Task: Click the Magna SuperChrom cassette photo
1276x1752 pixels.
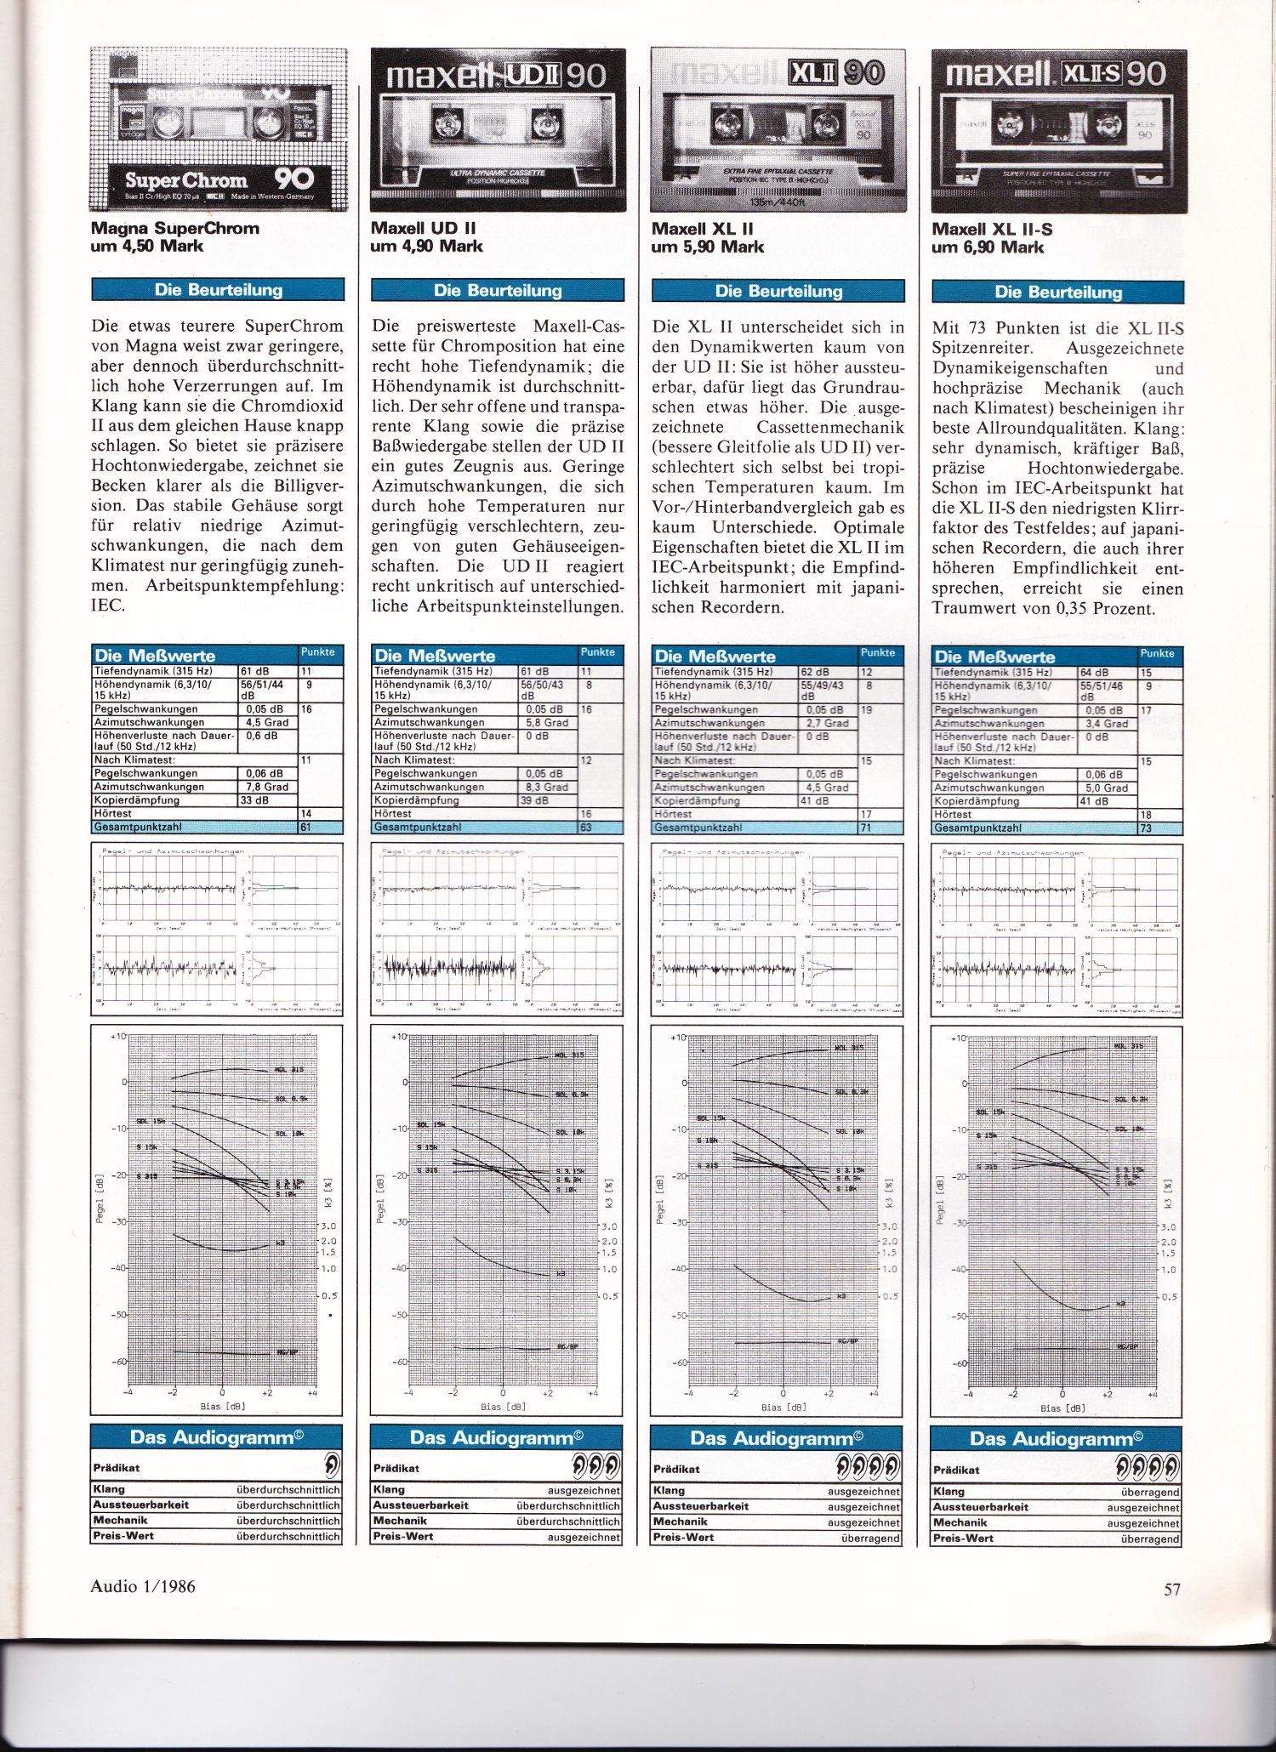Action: (219, 129)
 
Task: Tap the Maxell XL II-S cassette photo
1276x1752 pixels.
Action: (1059, 130)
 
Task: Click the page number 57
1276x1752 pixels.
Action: (1172, 1590)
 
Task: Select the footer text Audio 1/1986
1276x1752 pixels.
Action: (143, 1585)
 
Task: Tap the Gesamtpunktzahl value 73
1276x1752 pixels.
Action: (1146, 828)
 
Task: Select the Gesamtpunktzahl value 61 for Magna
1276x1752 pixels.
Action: (306, 827)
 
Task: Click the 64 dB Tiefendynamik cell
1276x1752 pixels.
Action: (1096, 673)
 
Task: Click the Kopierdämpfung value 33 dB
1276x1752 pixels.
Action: (254, 800)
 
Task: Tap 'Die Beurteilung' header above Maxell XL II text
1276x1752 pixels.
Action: (778, 291)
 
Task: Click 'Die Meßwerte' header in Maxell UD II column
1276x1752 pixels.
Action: (435, 656)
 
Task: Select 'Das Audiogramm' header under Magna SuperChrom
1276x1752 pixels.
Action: (217, 1437)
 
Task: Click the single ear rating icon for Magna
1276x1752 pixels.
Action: (331, 1465)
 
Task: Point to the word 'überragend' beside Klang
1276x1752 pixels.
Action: (1150, 1493)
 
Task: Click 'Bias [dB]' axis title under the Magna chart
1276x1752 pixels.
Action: (223, 1406)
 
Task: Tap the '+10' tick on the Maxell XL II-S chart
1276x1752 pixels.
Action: (957, 1038)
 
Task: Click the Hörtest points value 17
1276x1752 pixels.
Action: (866, 815)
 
